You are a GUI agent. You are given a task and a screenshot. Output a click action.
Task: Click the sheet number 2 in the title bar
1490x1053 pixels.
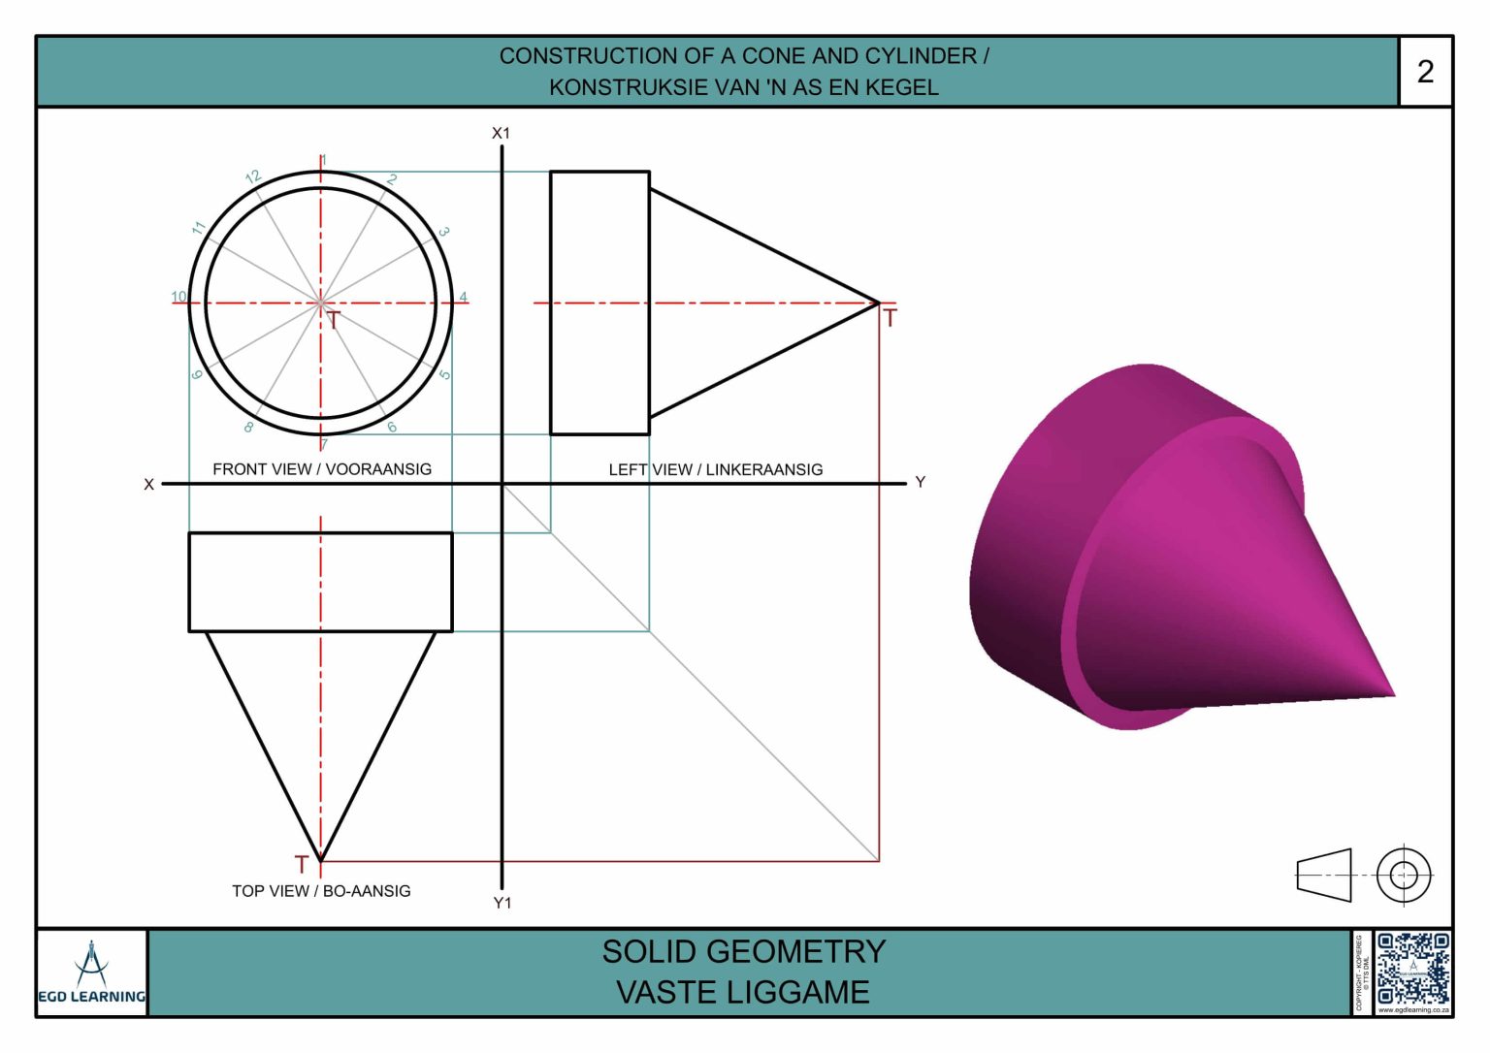[1425, 72]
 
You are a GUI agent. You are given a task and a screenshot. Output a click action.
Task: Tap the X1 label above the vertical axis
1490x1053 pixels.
[501, 133]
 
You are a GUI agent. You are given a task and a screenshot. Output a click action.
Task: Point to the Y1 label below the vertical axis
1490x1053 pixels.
[502, 903]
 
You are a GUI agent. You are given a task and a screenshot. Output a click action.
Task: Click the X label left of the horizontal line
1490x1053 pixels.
[148, 484]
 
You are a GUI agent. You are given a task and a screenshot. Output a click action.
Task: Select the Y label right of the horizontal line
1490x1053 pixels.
[920, 482]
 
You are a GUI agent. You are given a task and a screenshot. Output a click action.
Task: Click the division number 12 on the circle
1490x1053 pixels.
[253, 177]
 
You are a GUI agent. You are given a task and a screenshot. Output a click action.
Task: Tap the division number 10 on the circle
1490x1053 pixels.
[178, 297]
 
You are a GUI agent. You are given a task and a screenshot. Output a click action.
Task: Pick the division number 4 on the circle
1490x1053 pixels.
[464, 298]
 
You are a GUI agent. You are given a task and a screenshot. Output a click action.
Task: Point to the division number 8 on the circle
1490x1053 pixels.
[249, 427]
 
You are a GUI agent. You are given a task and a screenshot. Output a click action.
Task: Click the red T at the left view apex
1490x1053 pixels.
[890, 317]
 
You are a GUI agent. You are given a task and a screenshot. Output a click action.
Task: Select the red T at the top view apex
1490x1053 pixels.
[301, 864]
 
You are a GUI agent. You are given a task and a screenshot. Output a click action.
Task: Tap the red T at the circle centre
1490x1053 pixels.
[333, 320]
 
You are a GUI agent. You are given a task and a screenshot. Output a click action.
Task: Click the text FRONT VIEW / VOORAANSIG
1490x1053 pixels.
[322, 469]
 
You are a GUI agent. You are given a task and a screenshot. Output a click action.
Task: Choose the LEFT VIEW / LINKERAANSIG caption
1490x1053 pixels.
[716, 469]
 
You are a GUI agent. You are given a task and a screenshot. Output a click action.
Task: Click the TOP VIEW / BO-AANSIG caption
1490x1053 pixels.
[321, 891]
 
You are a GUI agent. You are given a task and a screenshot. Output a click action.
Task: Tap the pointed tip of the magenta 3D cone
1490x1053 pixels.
[1393, 694]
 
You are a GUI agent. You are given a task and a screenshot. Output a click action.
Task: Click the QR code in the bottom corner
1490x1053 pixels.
[1413, 971]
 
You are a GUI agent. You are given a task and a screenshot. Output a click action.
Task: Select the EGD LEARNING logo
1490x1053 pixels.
[92, 973]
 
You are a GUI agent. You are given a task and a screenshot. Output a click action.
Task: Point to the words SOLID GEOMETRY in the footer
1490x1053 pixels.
[744, 952]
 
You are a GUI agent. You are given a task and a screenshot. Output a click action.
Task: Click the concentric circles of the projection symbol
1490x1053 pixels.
[1404, 875]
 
